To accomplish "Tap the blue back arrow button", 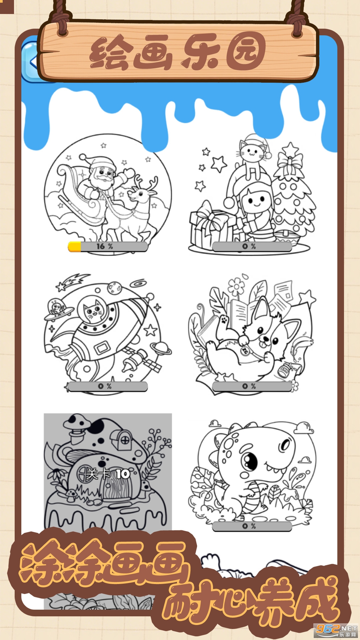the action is (32, 62).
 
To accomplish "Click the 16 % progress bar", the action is (108, 247).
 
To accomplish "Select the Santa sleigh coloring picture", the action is (108, 193).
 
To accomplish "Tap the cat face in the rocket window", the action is (94, 310).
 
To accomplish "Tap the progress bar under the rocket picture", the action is (107, 386).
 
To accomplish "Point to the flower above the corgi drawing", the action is (236, 286).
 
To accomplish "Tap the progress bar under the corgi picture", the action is (252, 386).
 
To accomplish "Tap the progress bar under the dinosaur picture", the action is (252, 526).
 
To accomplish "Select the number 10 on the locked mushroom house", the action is (123, 474).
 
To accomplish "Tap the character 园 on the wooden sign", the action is (246, 52).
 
